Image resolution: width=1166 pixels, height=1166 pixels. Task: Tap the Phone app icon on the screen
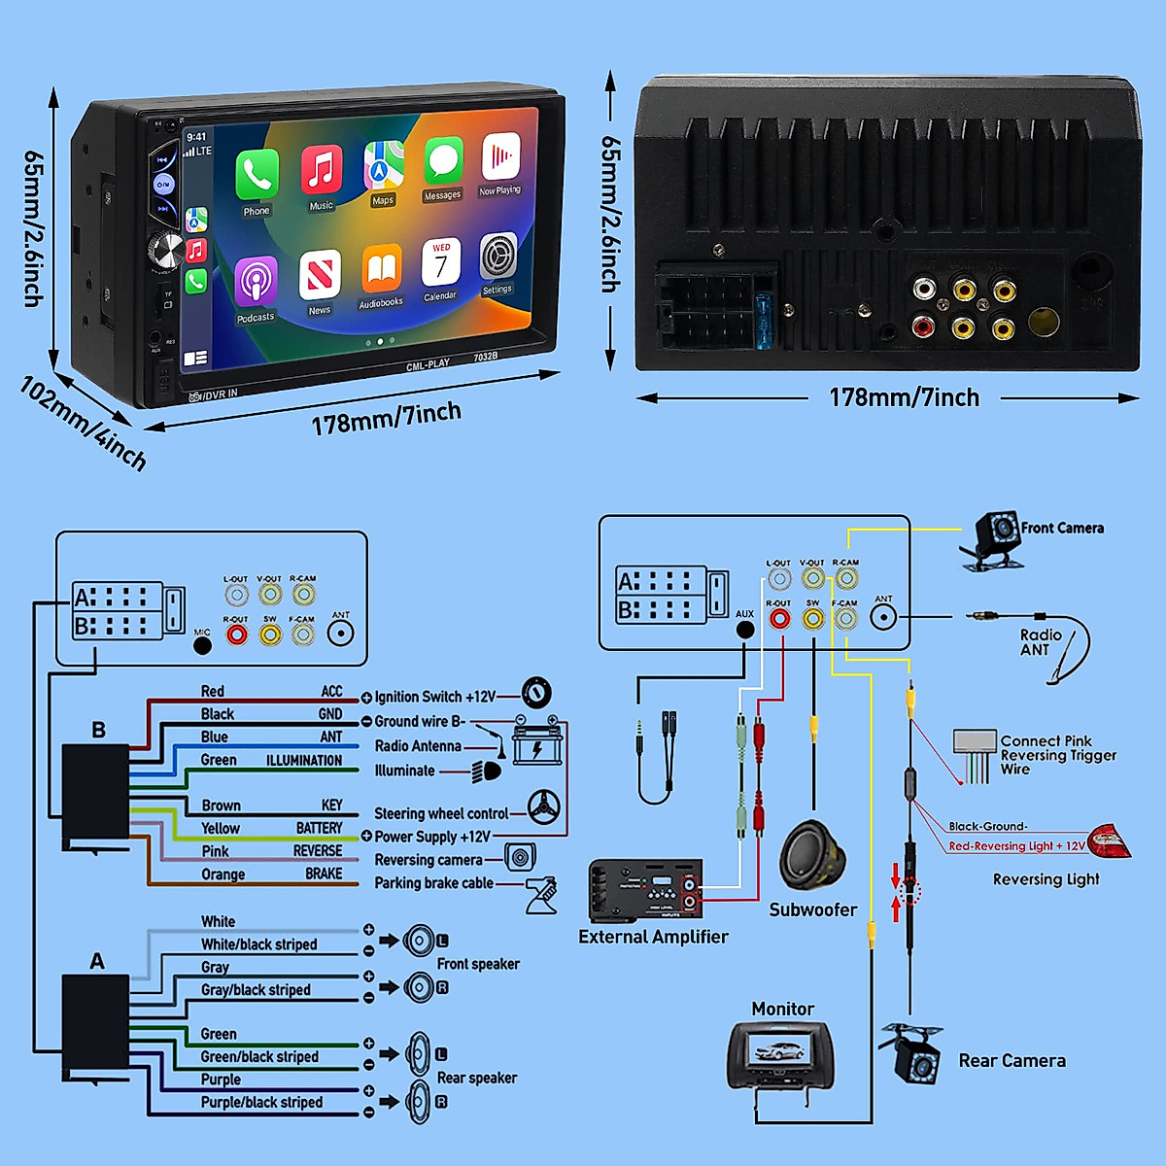pos(257,175)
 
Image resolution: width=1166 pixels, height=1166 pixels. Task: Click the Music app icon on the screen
pos(322,169)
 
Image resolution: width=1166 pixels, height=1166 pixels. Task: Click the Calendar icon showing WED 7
pos(441,263)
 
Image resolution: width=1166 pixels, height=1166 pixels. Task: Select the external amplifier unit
pos(646,890)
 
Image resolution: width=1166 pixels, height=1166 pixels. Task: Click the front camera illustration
pos(994,537)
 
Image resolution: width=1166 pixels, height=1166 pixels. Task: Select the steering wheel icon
pos(544,806)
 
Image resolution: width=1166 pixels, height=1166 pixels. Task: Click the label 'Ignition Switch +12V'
pos(434,697)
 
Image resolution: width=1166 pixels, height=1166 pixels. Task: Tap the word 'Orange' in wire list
pos(223,874)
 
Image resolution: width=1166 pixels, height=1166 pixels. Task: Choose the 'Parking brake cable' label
pos(433,883)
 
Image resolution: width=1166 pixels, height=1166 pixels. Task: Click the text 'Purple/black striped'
pos(261,1102)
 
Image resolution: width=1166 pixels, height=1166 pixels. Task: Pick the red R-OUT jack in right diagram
pos(779,618)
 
